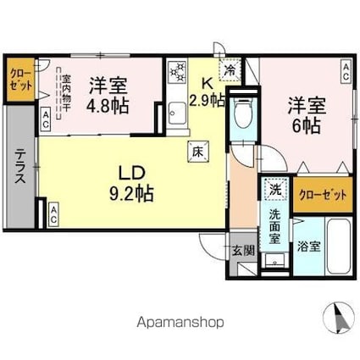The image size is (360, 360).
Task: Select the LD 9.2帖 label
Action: point(130,183)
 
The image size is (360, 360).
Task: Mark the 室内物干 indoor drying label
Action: point(66,94)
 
